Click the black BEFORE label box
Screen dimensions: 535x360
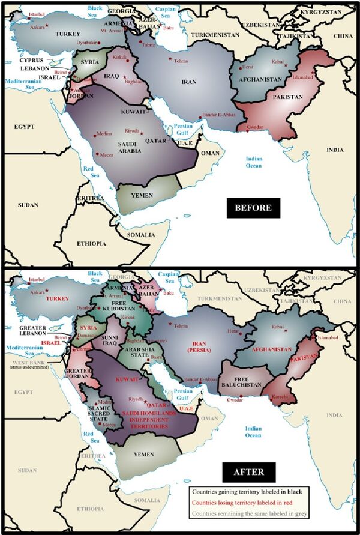[253, 208]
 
